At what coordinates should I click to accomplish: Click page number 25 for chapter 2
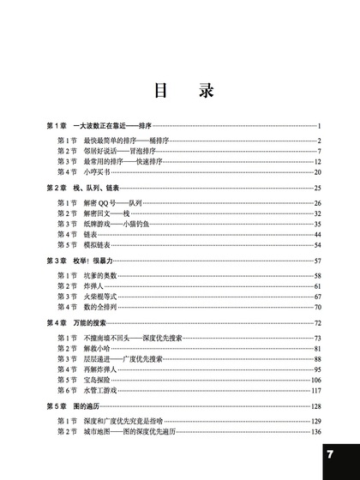317,187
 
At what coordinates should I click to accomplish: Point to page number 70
317,306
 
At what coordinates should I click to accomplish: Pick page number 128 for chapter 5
315,405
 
